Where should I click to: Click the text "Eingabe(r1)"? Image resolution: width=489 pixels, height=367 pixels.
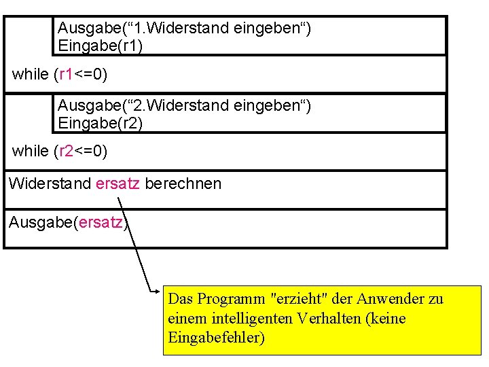100,46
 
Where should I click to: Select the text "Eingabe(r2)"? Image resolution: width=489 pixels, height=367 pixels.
100,123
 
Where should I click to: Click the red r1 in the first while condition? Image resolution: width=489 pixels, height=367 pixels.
66,74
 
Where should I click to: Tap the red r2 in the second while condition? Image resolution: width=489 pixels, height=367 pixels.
66,151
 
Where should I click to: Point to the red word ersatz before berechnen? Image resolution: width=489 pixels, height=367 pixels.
118,183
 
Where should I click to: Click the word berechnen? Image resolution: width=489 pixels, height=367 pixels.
183,183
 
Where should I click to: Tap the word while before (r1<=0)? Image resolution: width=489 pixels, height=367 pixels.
31,74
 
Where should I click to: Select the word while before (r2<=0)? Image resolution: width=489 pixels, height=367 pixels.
31,151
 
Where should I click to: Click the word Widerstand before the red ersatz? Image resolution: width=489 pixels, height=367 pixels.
50,183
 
